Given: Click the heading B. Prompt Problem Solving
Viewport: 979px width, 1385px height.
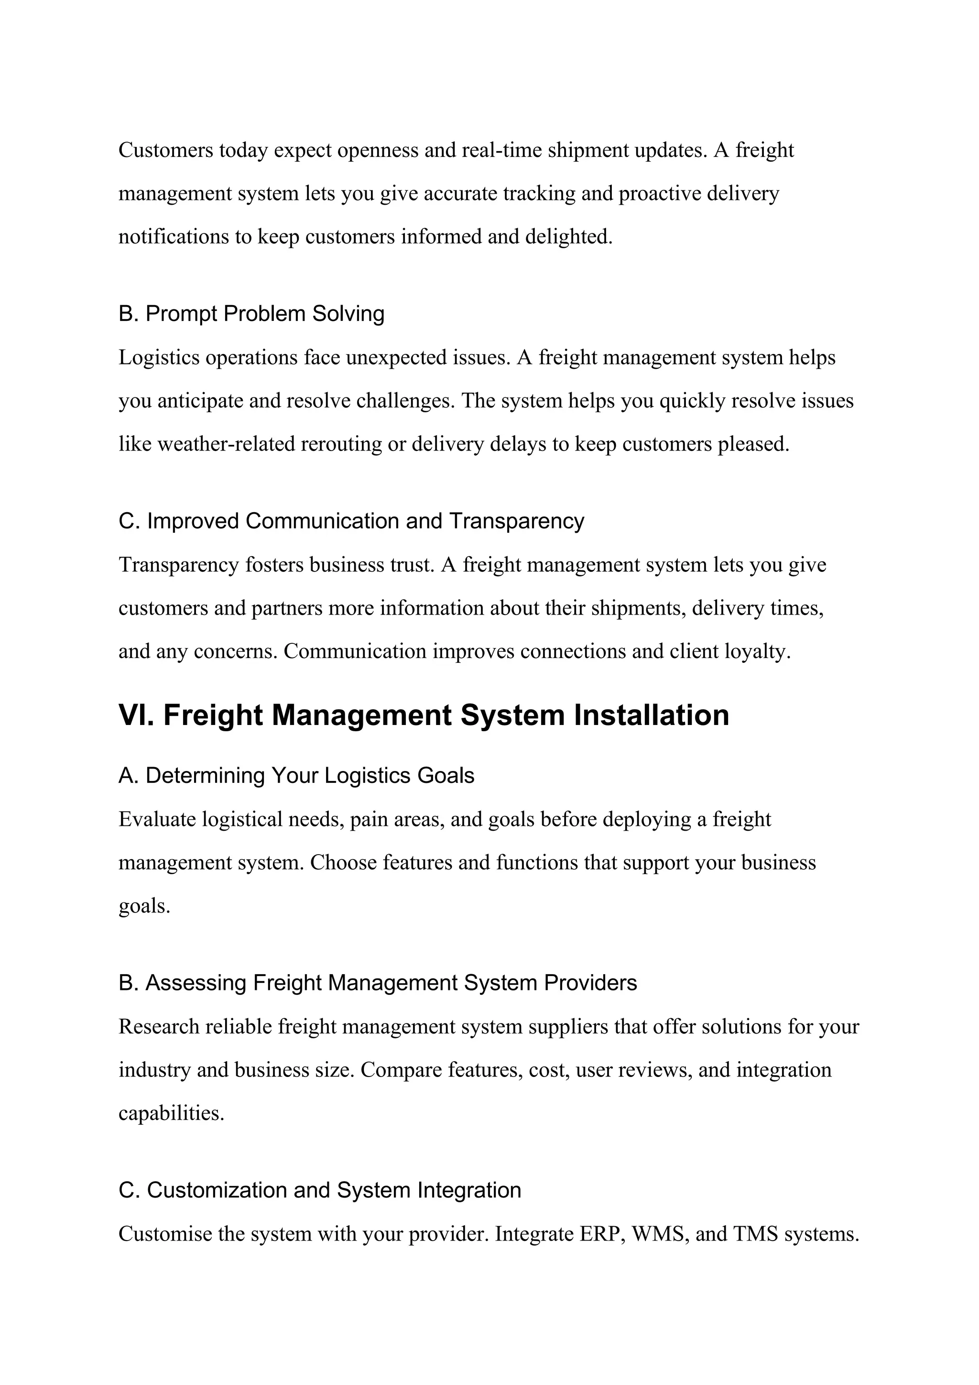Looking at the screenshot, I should pyautogui.click(x=251, y=314).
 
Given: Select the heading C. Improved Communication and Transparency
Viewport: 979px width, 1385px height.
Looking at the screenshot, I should pyautogui.click(x=351, y=521).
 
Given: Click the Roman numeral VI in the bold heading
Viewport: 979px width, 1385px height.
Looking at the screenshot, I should pyautogui.click(x=136, y=715).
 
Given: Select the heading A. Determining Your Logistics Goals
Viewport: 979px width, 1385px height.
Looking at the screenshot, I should pyautogui.click(x=296, y=776).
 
